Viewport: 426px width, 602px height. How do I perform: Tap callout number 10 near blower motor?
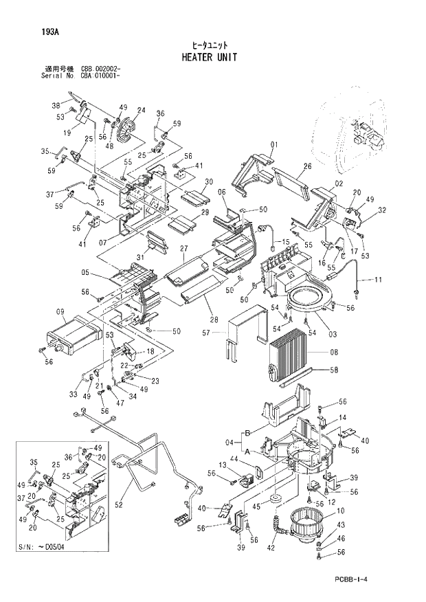pyautogui.click(x=339, y=511)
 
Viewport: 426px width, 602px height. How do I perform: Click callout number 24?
pyautogui.click(x=141, y=111)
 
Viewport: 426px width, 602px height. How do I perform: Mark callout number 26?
pyautogui.click(x=307, y=166)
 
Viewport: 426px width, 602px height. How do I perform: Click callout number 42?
pyautogui.click(x=271, y=548)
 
